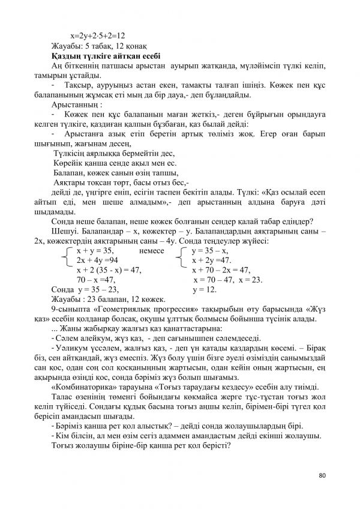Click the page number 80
click(322, 475)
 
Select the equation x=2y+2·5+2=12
click(101, 36)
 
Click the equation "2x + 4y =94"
click(97, 260)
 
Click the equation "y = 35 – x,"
click(209, 250)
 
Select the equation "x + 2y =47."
click(211, 260)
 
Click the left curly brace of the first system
click(65, 255)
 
